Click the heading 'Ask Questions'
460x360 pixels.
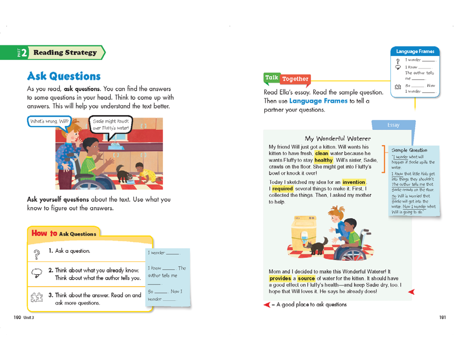[64, 76]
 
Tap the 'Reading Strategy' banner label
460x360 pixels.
[65, 53]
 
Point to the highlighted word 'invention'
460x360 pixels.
[354, 182]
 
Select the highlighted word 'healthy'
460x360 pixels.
[323, 160]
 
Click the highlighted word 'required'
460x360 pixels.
[282, 189]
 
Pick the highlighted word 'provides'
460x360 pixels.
[280, 278]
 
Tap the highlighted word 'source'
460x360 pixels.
[306, 278]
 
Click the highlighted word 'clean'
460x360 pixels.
[322, 153]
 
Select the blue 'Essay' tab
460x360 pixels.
[393, 125]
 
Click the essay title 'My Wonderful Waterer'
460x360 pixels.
[337, 138]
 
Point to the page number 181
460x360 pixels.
[442, 317]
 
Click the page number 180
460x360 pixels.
[17, 317]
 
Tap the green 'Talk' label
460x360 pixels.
[271, 77]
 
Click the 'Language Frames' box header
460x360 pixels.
[415, 51]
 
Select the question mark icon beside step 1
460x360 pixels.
[37, 252]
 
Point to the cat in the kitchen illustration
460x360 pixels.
[123, 173]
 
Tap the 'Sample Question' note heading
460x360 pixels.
[409, 150]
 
